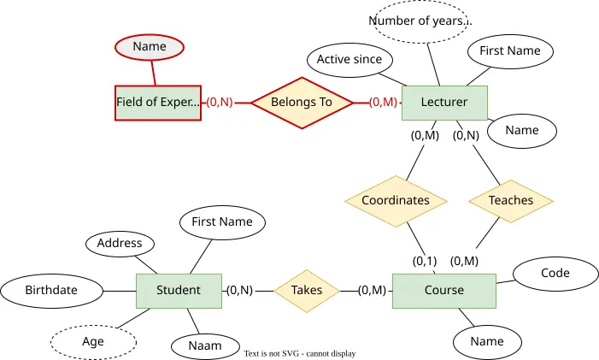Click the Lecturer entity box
pyautogui.click(x=444, y=103)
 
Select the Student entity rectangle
pyautogui.click(x=179, y=291)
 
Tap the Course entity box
pyautogui.click(x=444, y=291)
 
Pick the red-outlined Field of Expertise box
pyautogui.click(x=158, y=103)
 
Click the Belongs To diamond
pyautogui.click(x=302, y=103)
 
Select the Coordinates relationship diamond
pyautogui.click(x=396, y=201)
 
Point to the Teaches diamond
pyautogui.click(x=511, y=201)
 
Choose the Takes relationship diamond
pyautogui.click(x=307, y=291)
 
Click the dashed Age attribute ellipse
pyautogui.click(x=93, y=342)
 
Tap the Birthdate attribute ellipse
pyautogui.click(x=51, y=291)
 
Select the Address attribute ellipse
pyautogui.click(x=120, y=244)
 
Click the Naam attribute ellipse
pyautogui.click(x=205, y=346)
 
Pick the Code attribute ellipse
pyautogui.click(x=555, y=274)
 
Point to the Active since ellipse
pyautogui.click(x=349, y=60)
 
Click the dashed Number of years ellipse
pyautogui.click(x=420, y=21)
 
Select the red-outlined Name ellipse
pyautogui.click(x=150, y=47)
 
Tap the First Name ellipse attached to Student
pyautogui.click(x=222, y=222)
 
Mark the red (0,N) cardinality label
pyautogui.click(x=220, y=102)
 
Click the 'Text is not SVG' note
pyautogui.click(x=300, y=353)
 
